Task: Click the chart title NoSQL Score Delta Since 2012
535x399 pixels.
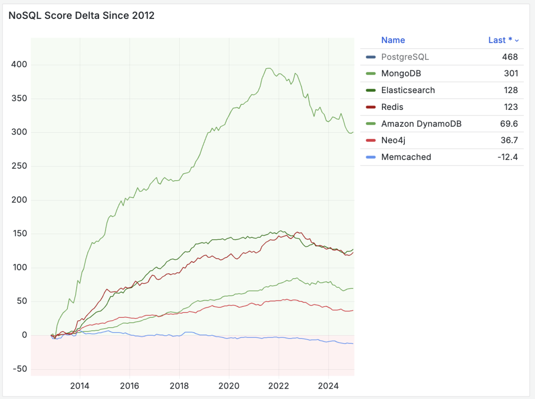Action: point(82,16)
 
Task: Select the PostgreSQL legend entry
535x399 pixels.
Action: point(405,57)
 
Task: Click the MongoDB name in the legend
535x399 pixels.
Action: point(401,74)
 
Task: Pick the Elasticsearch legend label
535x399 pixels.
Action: point(408,91)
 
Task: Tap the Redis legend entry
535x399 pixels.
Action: point(392,107)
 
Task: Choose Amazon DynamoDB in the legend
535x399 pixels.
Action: point(421,124)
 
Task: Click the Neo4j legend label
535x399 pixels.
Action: point(394,141)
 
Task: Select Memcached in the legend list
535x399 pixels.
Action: point(406,157)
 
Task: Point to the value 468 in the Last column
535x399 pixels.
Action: point(510,57)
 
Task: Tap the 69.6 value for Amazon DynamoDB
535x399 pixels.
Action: point(509,124)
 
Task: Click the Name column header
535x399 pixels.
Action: point(393,41)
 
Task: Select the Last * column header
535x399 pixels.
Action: point(500,41)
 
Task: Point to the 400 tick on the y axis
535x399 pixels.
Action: point(18,65)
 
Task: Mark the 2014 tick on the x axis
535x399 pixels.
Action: point(80,386)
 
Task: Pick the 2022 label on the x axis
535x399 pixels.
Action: point(278,386)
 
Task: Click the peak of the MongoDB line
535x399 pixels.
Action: point(268,68)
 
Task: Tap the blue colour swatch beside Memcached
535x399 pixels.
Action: point(371,157)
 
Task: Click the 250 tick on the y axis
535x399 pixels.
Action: point(18,166)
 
